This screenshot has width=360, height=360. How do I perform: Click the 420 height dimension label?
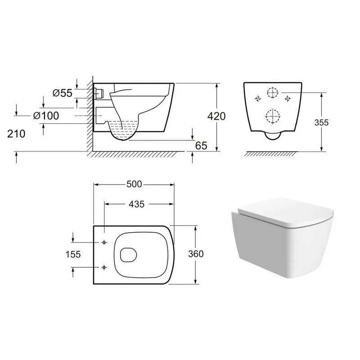click(x=216, y=117)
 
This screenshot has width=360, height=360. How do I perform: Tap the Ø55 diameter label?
click(x=63, y=93)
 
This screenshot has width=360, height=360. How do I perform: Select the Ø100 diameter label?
click(x=46, y=116)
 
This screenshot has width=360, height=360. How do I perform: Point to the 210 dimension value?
click(x=16, y=134)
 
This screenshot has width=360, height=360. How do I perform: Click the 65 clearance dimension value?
click(x=201, y=145)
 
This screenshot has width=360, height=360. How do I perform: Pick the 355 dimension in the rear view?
click(x=321, y=122)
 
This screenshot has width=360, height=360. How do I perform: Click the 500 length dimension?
click(x=134, y=184)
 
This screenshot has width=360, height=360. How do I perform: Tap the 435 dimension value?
click(x=137, y=204)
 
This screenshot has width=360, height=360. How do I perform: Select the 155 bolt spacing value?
click(x=73, y=254)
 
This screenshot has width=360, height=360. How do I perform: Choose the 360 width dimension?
click(x=196, y=254)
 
